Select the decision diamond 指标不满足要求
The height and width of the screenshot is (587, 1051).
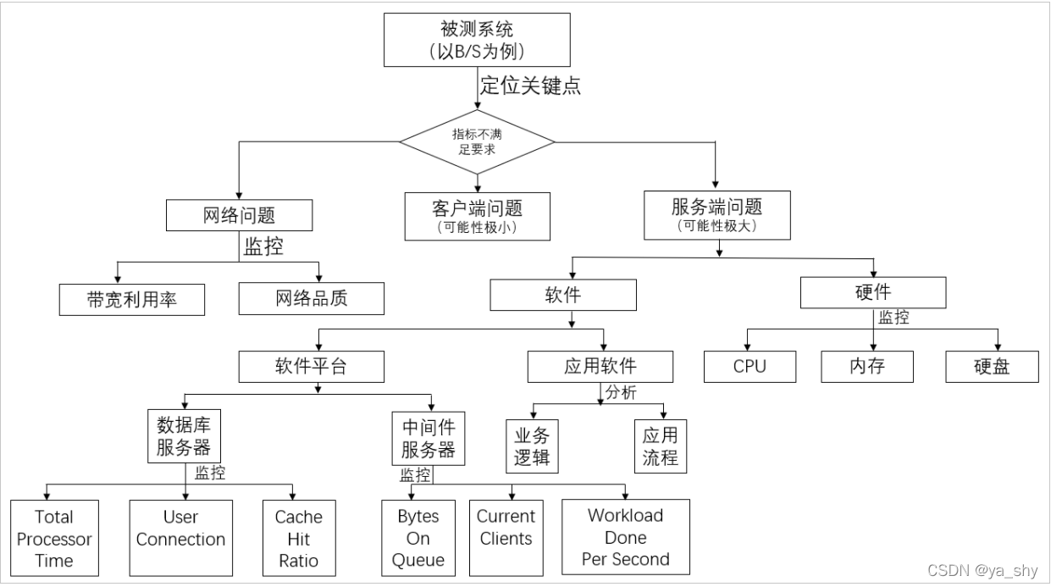[x=478, y=141]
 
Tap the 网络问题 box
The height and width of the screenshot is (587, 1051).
[x=239, y=215]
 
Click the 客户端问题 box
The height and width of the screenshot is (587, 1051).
[x=478, y=216]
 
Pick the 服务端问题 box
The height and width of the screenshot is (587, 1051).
[x=716, y=214]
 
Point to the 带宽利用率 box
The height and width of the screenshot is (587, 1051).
[x=132, y=299]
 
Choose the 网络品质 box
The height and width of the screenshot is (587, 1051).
[x=312, y=299]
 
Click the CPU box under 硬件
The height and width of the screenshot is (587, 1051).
[x=750, y=366]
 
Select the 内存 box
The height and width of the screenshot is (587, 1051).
[x=867, y=366]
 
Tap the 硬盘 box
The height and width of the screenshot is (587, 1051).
[x=992, y=366]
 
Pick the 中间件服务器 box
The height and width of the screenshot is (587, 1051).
[x=428, y=436]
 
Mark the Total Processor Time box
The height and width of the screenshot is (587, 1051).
[x=54, y=538]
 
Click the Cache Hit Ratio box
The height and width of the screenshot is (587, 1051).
[x=298, y=538]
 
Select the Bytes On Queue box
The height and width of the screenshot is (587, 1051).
[x=418, y=538]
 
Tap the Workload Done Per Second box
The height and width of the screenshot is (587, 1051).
[x=625, y=536]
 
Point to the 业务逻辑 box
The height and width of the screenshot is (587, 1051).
[x=532, y=446]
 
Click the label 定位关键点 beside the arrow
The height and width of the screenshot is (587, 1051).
[x=530, y=86]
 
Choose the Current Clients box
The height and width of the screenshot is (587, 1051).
[x=506, y=527]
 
